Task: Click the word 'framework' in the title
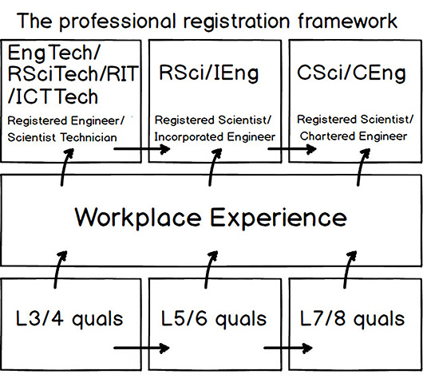click(347, 21)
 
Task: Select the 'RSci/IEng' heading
click(208, 73)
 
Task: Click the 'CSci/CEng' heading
click(351, 73)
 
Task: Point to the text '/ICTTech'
click(53, 96)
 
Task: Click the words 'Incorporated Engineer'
click(215, 137)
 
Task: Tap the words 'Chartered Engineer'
click(354, 136)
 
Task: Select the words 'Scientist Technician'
click(62, 137)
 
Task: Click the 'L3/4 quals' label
click(69, 319)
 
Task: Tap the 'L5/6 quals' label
click(214, 319)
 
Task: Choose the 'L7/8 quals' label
click(352, 319)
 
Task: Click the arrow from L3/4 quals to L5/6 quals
click(141, 348)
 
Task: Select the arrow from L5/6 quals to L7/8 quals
click(288, 348)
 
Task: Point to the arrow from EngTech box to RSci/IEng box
click(142, 149)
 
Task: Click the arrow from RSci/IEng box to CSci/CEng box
click(292, 148)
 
